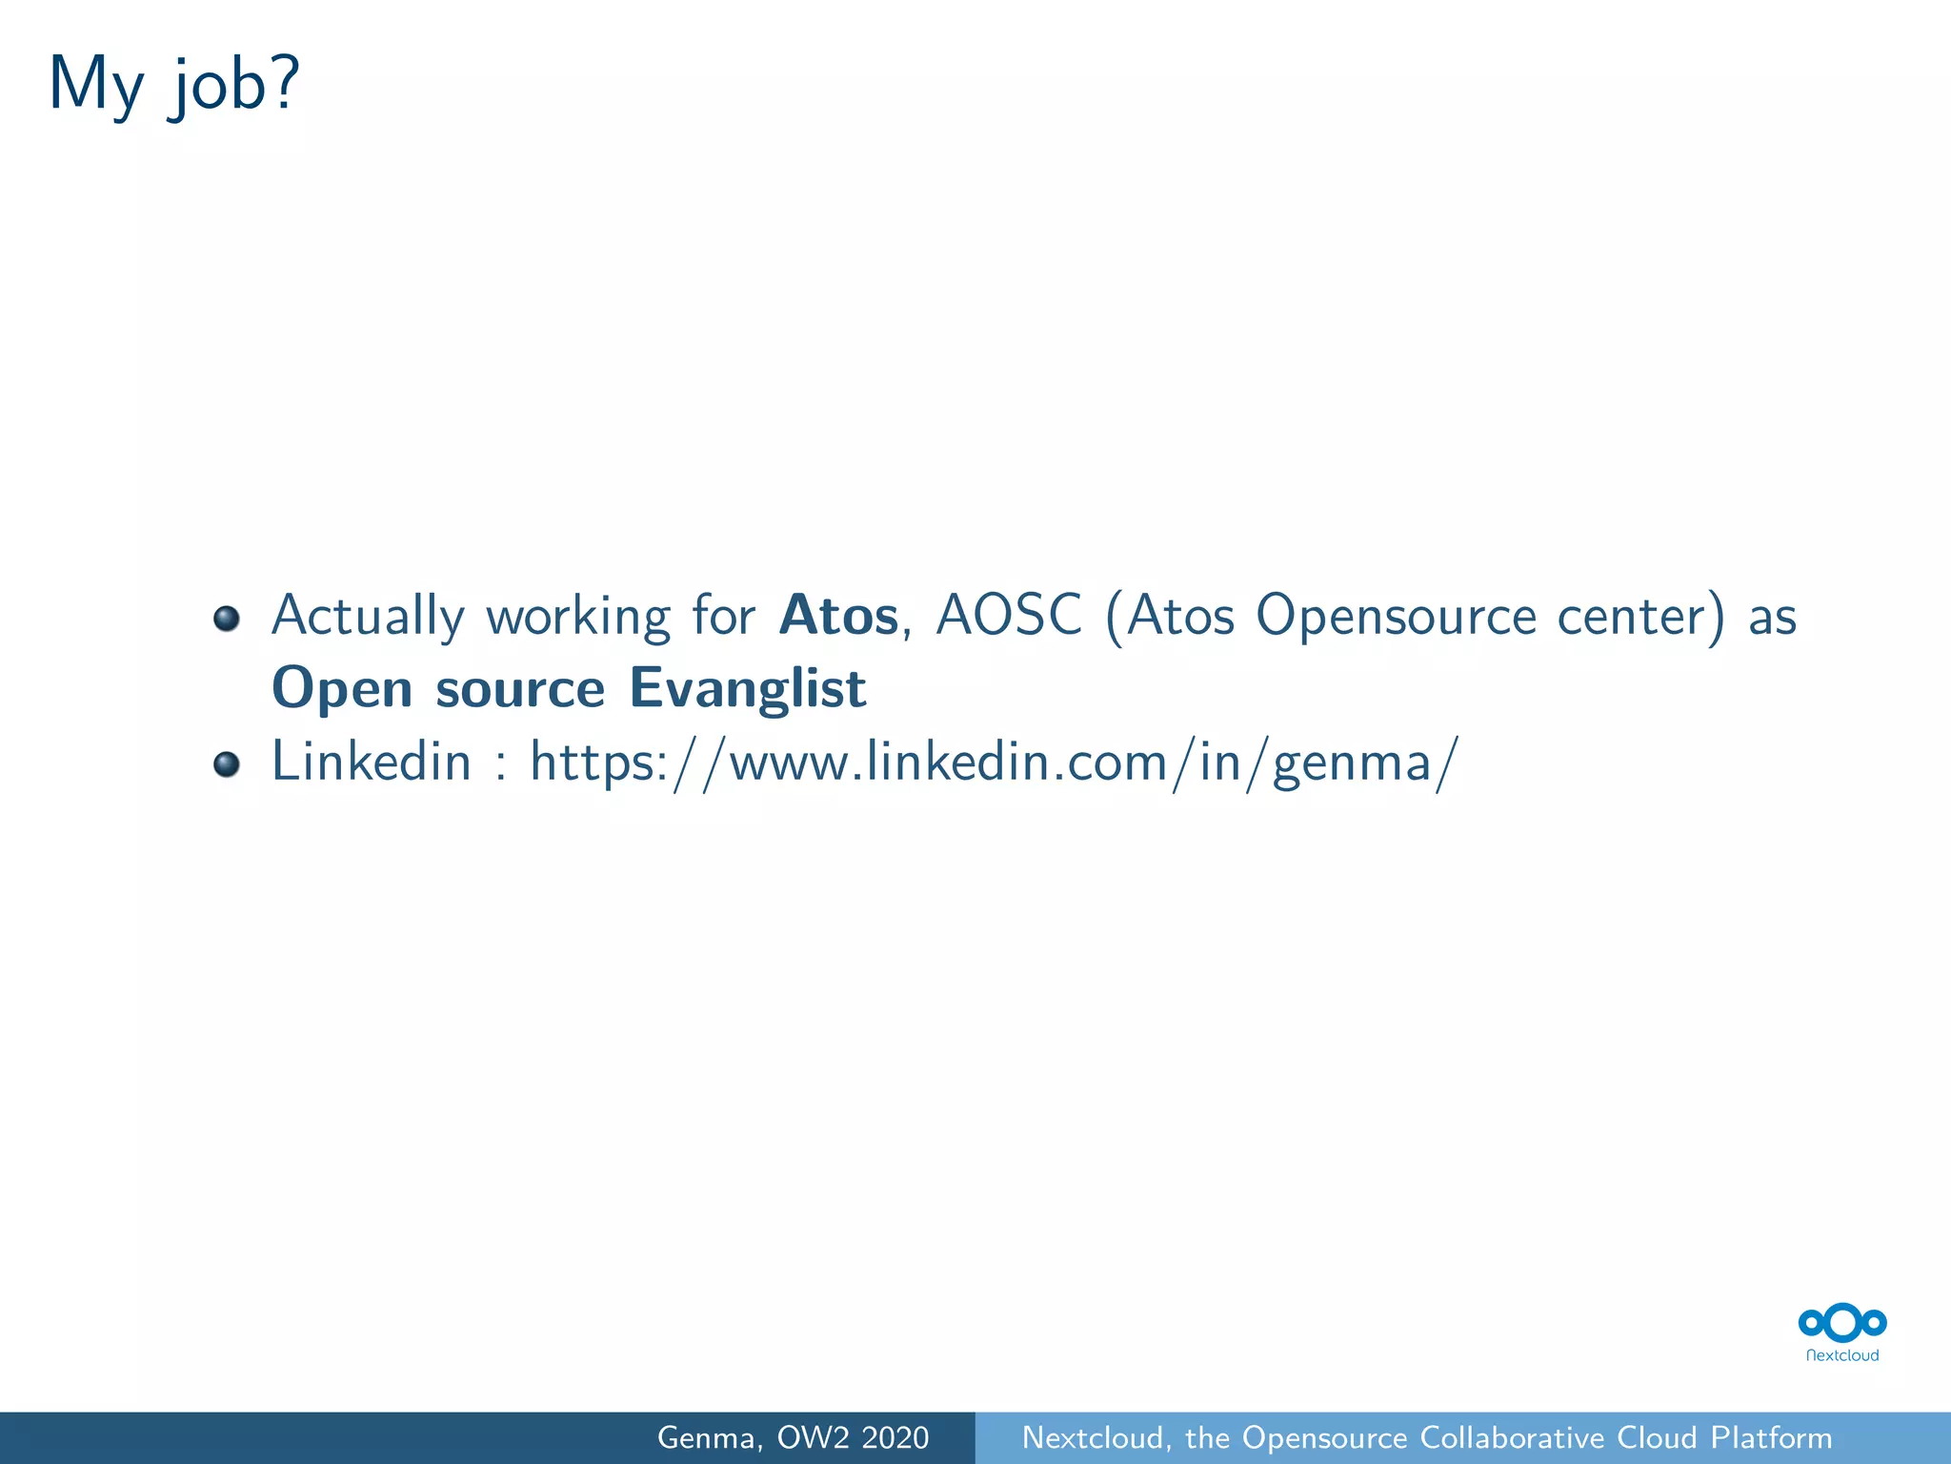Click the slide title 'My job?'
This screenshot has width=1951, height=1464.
pos(174,86)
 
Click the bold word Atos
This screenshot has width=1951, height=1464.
pos(838,616)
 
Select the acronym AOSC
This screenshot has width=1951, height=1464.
pos(1009,616)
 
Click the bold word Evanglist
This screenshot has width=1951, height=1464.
pos(748,689)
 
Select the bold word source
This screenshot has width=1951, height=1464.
pos(520,689)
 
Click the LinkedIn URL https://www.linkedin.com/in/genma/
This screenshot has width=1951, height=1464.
pos(994,763)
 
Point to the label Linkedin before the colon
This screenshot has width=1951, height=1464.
pos(372,762)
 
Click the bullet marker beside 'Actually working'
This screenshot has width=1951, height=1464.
pos(226,620)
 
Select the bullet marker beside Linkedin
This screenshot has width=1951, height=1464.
pos(226,764)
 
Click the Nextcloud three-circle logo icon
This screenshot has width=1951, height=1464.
pos(1842,1323)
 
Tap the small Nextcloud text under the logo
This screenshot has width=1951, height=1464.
pos(1842,1355)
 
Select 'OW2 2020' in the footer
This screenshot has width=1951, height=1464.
pos(853,1438)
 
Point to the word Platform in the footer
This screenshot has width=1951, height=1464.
pos(1771,1438)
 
